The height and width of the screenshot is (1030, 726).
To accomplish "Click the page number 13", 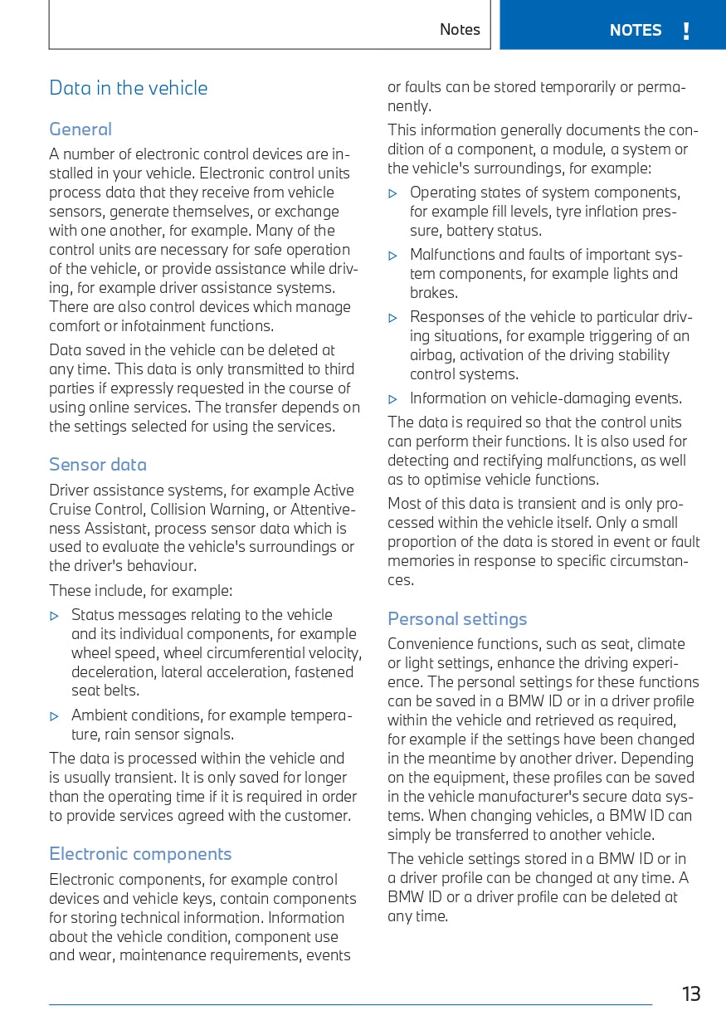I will pyautogui.click(x=691, y=993).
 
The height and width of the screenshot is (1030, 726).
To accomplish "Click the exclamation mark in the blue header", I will pyautogui.click(x=686, y=32).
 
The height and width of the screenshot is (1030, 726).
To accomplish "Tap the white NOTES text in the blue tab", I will pyautogui.click(x=636, y=31).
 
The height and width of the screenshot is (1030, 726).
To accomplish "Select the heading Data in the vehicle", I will pyautogui.click(x=129, y=88).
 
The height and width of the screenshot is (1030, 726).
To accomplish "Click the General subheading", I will pyautogui.click(x=80, y=129).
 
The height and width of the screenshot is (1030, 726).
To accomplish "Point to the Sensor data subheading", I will pyautogui.click(x=98, y=465).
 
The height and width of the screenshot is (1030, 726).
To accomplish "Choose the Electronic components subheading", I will pyautogui.click(x=140, y=854).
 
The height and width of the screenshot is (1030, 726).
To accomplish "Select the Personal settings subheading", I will pyautogui.click(x=457, y=619).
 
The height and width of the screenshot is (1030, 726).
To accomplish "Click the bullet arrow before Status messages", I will pyautogui.click(x=55, y=616).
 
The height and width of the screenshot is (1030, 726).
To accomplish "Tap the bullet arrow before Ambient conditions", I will pyautogui.click(x=55, y=716).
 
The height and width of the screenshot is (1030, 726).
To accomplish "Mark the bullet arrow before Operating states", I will pyautogui.click(x=393, y=193).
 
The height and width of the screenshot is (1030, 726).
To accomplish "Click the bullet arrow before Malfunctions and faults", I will pyautogui.click(x=393, y=256).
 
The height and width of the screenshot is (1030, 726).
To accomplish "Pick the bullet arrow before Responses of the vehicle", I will pyautogui.click(x=393, y=318).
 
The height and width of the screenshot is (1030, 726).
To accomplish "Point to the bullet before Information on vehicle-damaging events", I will pyautogui.click(x=393, y=399).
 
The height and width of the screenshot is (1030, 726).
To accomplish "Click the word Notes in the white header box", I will pyautogui.click(x=460, y=30).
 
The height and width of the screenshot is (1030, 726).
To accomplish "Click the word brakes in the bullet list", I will pyautogui.click(x=432, y=293).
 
